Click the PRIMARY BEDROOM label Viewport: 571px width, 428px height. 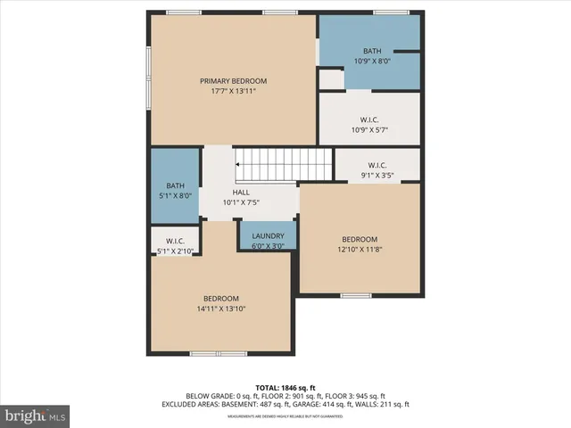[x=233, y=81]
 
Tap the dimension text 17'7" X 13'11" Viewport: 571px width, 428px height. [x=233, y=92]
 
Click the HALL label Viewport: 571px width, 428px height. [x=241, y=192]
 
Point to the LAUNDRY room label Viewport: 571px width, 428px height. [x=268, y=236]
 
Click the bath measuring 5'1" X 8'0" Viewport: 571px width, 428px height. [x=174, y=189]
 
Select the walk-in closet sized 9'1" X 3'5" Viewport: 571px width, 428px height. [x=377, y=169]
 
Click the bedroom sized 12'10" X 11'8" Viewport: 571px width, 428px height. [x=360, y=244]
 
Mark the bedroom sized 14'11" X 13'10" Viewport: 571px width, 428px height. [x=220, y=303]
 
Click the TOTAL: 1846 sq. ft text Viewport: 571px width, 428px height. [x=285, y=388]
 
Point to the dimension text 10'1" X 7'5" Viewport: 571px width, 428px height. [x=241, y=202]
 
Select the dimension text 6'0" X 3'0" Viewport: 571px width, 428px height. [x=268, y=246]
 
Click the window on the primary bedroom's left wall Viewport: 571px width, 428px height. [x=149, y=77]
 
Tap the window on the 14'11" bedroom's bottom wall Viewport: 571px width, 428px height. [x=219, y=354]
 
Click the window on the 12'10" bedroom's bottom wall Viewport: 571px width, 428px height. [x=355, y=294]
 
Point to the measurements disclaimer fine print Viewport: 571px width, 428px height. [x=285, y=416]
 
